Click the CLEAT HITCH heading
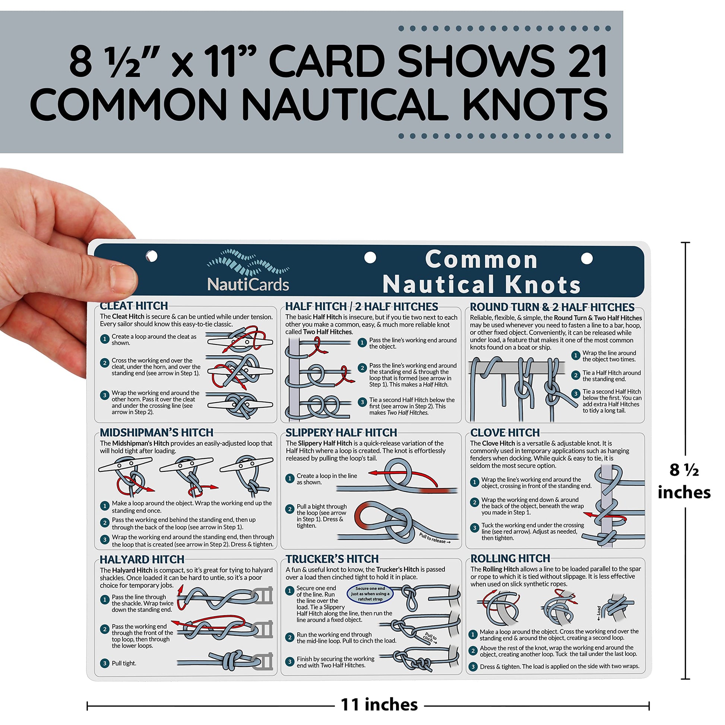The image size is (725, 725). [134, 305]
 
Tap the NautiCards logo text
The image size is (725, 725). [248, 284]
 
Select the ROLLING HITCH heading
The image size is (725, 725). [510, 559]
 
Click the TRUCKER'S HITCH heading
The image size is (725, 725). [332, 559]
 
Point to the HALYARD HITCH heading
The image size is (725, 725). [142, 560]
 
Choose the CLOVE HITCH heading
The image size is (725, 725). [505, 433]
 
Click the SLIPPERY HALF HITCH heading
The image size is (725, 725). [341, 433]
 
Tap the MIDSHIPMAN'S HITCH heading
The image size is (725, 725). [156, 432]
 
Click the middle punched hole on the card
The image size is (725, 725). [370, 258]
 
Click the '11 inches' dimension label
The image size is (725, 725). [379, 705]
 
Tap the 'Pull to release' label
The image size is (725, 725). [435, 538]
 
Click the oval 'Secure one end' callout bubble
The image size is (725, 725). [370, 594]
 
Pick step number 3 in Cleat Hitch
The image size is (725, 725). [105, 395]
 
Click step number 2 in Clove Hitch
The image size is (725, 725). [475, 502]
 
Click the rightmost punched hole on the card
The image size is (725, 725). [586, 258]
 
